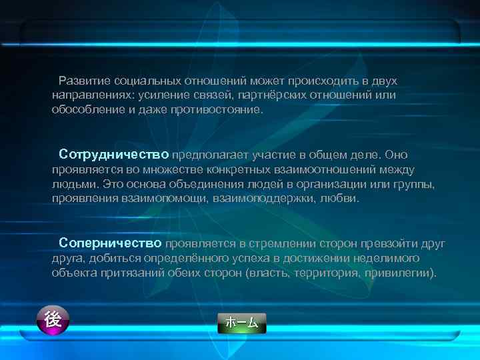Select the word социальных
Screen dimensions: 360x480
click(x=142, y=81)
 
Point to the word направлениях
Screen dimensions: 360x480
click(x=91, y=95)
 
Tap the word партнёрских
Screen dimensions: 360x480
click(x=281, y=95)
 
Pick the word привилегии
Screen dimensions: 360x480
click(x=401, y=273)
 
